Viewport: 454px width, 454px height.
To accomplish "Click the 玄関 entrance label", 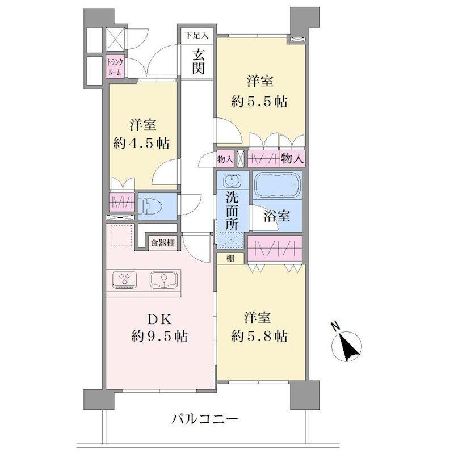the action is [199, 62].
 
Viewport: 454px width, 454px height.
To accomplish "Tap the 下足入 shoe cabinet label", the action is [197, 36].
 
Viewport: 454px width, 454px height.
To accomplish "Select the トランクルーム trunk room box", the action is [115, 66].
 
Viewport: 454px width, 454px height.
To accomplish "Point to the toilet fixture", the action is [150, 207].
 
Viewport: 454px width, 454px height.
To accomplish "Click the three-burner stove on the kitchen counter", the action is [125, 280].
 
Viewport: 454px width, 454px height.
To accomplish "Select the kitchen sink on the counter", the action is [163, 280].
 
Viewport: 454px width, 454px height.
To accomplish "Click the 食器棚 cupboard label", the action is [163, 243].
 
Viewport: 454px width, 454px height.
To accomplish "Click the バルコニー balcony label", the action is [205, 419].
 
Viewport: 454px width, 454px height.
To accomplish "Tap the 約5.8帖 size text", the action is [259, 337].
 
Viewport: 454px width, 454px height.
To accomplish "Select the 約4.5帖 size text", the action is [141, 144].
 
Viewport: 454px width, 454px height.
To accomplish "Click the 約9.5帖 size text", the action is [159, 337].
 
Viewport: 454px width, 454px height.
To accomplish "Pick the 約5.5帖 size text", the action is [259, 102].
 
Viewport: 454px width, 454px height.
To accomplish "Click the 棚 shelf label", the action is [230, 258].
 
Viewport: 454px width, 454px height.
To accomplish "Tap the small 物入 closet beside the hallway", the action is [225, 159].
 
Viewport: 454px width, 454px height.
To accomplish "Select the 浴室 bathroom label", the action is [276, 216].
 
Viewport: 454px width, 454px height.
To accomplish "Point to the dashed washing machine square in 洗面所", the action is [231, 240].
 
